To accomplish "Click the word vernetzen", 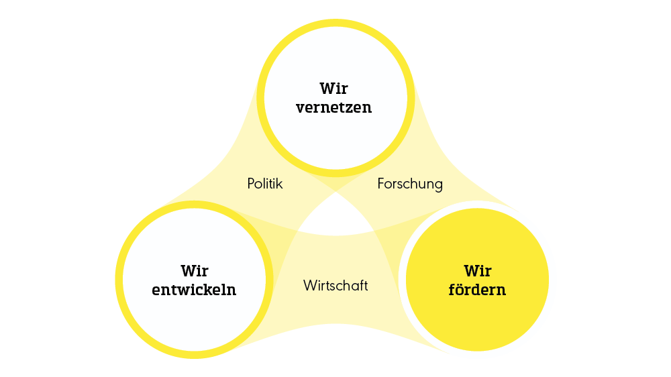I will (x=334, y=107).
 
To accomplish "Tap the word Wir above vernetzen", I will (x=334, y=88).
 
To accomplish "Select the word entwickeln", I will (x=195, y=290).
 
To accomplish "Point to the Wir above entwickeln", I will (x=195, y=271).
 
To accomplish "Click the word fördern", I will (x=477, y=290).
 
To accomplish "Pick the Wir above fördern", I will (x=477, y=271).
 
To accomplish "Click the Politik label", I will (x=265, y=183).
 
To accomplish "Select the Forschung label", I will (x=410, y=183).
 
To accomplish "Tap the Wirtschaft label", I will (x=335, y=285).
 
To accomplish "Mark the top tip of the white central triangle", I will (x=335, y=193).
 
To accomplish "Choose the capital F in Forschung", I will (x=381, y=183).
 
